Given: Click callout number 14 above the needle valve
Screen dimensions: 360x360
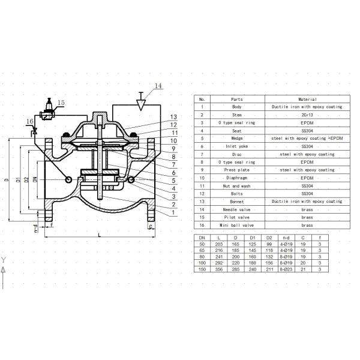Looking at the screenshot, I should [158, 86].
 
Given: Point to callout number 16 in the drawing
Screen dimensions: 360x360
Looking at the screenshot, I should [30, 122].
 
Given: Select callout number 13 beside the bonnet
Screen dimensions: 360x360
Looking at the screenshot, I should [173, 116].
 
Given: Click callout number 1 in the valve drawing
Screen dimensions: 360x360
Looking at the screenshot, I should [173, 212].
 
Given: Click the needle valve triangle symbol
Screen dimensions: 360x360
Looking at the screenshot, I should [141, 104].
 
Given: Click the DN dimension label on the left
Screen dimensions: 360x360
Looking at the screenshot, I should [35, 179].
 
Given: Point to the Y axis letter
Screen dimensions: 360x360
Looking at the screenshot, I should [4, 260].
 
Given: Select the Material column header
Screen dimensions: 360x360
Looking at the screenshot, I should [308, 99].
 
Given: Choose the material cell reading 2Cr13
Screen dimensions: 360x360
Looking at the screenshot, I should [308, 115].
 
